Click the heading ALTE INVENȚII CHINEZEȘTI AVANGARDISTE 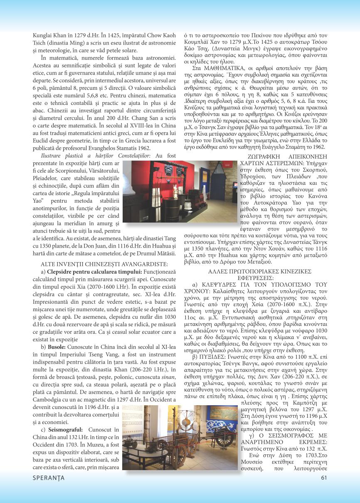point(104,264)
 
